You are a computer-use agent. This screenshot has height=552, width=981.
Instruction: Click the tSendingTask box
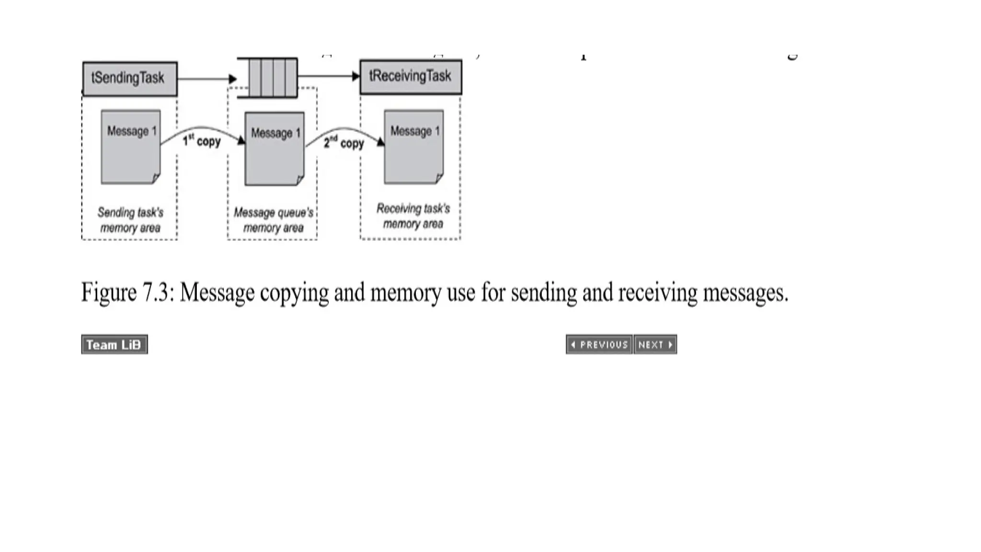tap(130, 79)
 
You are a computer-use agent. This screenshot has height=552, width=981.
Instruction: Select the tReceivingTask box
tap(411, 77)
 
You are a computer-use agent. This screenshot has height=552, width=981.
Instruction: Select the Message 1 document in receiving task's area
tap(414, 147)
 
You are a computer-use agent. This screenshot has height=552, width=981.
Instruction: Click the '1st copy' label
tap(202, 141)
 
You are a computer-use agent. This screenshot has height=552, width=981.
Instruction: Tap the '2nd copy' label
tap(343, 143)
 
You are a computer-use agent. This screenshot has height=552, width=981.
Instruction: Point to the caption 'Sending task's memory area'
tap(130, 220)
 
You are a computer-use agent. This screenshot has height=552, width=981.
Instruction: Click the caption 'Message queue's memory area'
tap(274, 220)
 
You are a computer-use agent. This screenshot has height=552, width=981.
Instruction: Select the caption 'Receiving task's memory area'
tap(413, 216)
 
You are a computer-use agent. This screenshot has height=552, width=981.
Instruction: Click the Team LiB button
tap(114, 345)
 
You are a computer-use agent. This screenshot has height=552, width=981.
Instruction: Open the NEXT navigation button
tap(655, 345)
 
